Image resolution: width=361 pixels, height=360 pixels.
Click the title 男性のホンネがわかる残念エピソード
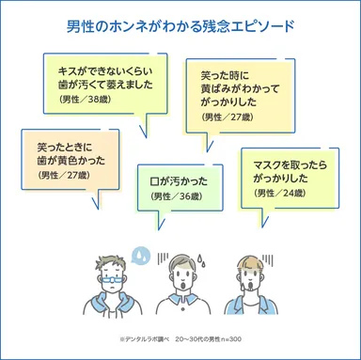point(180,25)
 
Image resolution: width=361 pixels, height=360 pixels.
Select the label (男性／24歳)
point(280,192)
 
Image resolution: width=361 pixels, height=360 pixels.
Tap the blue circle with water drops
point(141,255)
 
